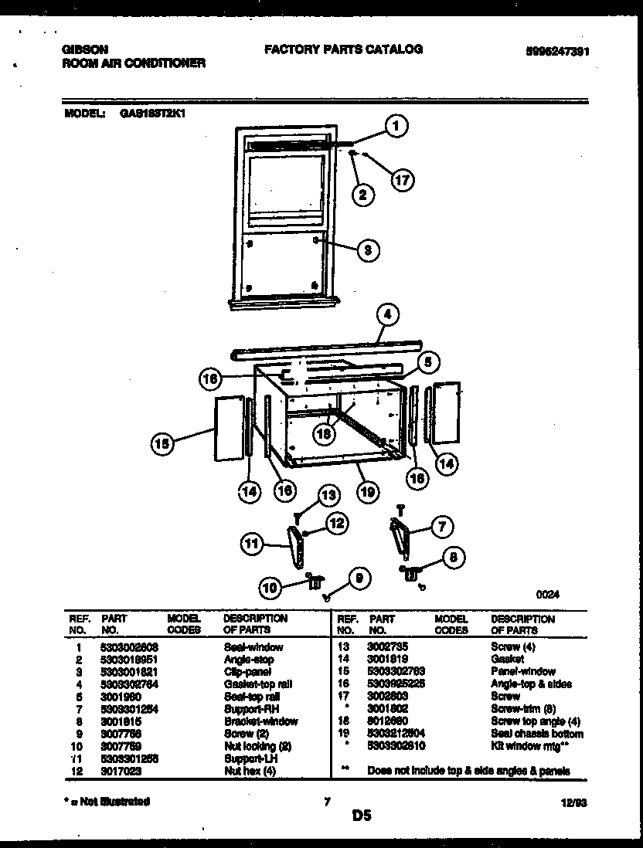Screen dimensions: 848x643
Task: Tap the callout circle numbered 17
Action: coord(401,181)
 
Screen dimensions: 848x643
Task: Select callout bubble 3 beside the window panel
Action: coord(369,249)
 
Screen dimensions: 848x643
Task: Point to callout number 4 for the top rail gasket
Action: coord(387,314)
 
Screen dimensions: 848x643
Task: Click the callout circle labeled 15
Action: coord(162,443)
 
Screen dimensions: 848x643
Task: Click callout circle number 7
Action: coord(441,528)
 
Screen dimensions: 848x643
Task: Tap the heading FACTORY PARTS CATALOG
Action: coord(343,49)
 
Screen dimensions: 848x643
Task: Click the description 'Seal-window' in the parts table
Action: coord(253,647)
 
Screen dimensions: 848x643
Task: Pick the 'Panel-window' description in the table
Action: coord(522,672)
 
